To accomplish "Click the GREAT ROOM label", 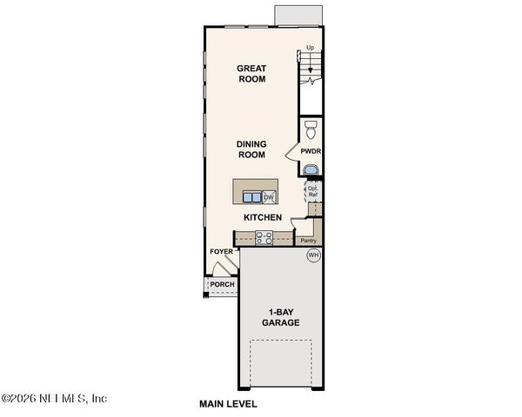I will (x=252, y=74).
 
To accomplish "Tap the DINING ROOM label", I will (x=252, y=149).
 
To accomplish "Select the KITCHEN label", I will (x=261, y=217).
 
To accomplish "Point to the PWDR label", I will (x=311, y=150).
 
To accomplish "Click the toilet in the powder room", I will (x=311, y=129).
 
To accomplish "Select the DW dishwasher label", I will (x=268, y=197).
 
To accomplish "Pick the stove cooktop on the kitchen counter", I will (x=264, y=236).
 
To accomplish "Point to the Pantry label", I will (x=306, y=241).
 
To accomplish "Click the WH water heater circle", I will (x=313, y=255).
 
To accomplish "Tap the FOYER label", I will (x=221, y=252).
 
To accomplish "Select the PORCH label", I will (x=222, y=284).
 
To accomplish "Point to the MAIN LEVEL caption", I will (x=228, y=404).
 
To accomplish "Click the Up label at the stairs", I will (x=310, y=48).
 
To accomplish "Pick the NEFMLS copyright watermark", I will (x=54, y=399).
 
